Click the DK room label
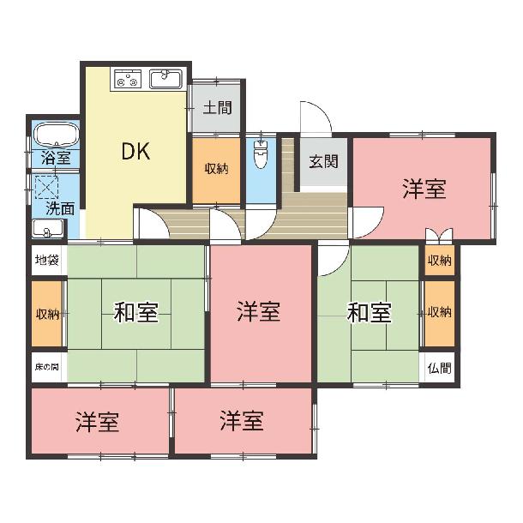tap(135, 152)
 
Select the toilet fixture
tap(261, 153)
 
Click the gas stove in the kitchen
tap(128, 79)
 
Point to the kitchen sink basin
tap(165, 79)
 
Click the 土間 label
tap(218, 107)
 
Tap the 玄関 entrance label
tap(323, 161)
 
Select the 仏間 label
tap(439, 368)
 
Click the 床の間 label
tap(47, 367)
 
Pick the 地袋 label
tap(47, 260)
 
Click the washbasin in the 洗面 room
tap(48, 229)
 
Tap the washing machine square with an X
tap(46, 187)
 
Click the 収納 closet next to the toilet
tap(216, 169)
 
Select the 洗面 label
tap(60, 209)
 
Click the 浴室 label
tap(56, 158)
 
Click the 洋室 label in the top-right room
tap(424, 189)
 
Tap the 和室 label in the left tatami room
tap(135, 312)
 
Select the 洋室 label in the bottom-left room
tap(97, 422)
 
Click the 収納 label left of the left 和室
tap(47, 314)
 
